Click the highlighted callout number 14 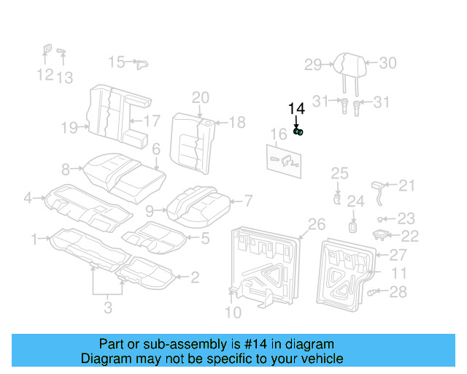[x=296, y=109]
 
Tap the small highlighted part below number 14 [x=298, y=131]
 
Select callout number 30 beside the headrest [x=387, y=63]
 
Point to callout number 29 [x=313, y=65]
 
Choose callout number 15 [x=117, y=61]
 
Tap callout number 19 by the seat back [x=69, y=129]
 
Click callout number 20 [x=201, y=98]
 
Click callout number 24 [x=355, y=202]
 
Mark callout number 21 [x=406, y=185]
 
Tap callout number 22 [x=410, y=235]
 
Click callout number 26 [x=316, y=224]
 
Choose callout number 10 [x=233, y=313]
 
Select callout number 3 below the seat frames [x=108, y=308]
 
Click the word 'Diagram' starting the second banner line [x=104, y=359]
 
